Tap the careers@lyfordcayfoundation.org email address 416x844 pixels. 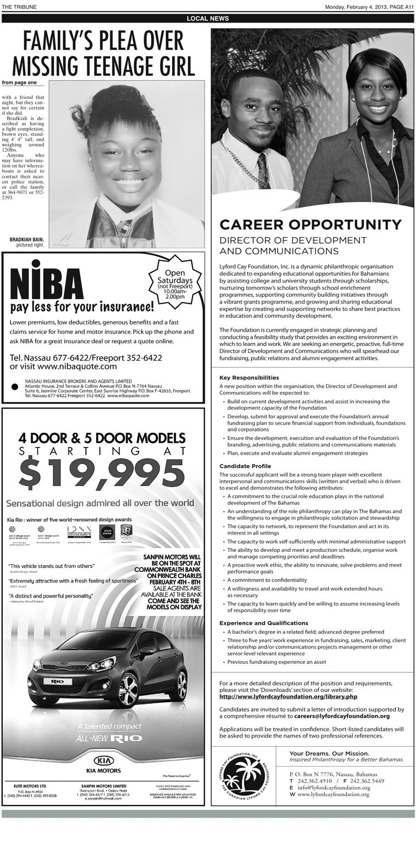(x=341, y=716)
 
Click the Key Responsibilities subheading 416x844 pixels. (x=249, y=378)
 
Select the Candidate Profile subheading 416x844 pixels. (x=245, y=466)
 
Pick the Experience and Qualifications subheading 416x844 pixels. (x=264, y=623)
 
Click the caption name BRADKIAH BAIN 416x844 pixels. (x=26, y=239)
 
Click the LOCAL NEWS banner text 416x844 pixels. (x=208, y=19)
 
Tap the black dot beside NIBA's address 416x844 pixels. (x=15, y=386)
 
